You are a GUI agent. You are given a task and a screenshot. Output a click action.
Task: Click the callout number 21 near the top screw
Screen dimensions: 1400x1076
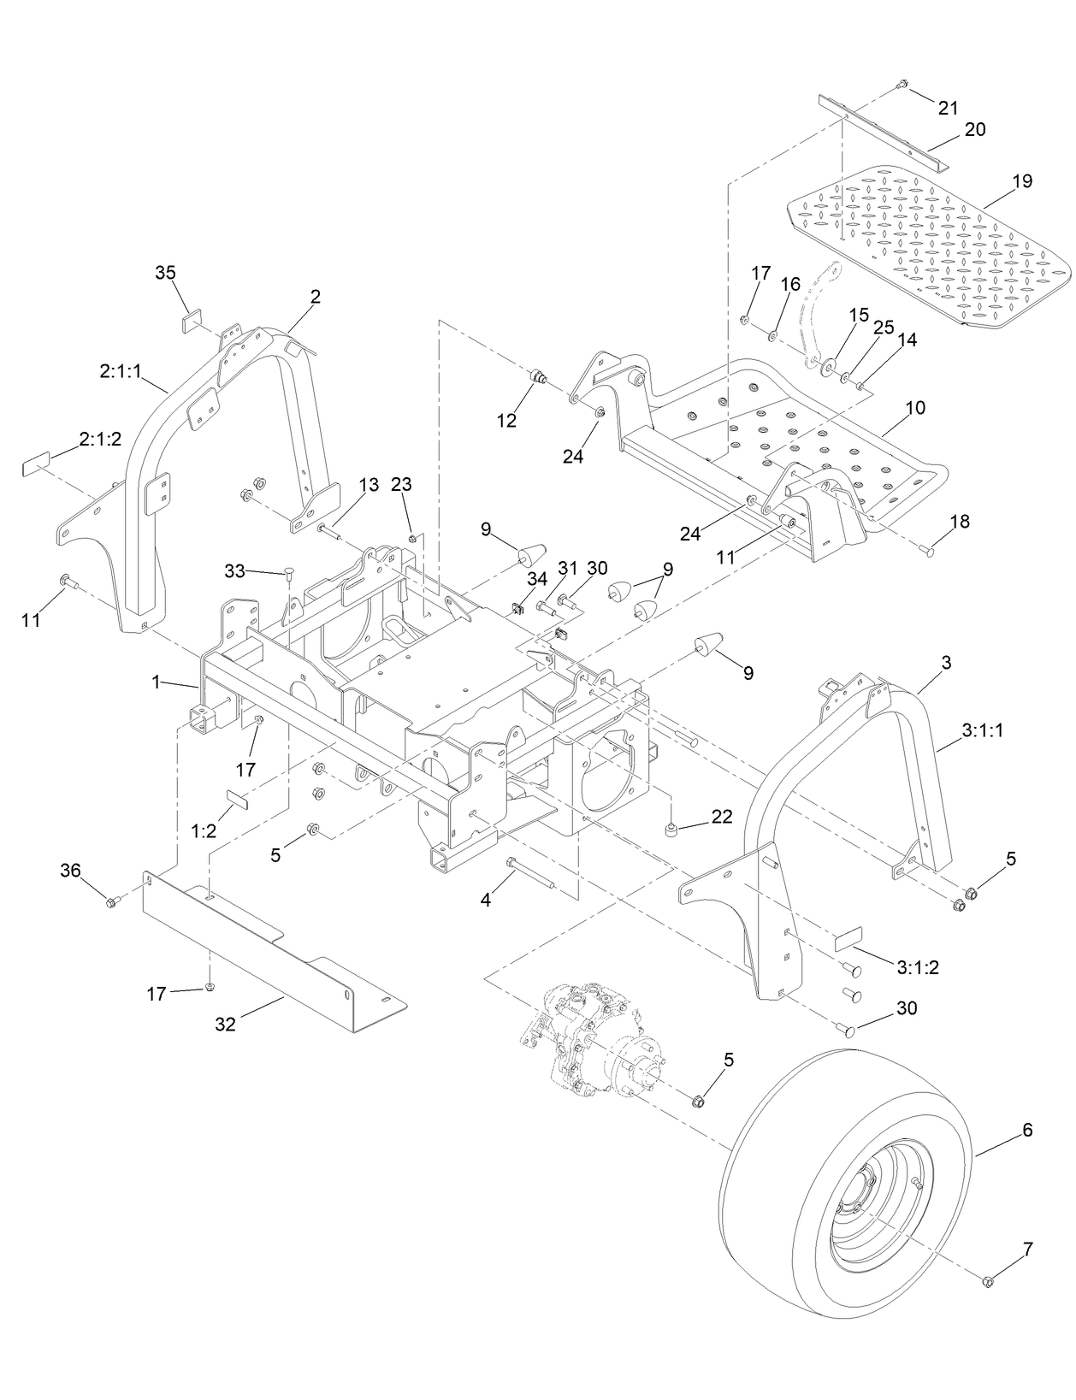click(x=948, y=109)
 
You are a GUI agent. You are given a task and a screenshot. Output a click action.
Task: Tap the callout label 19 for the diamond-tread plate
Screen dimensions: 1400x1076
click(x=1021, y=181)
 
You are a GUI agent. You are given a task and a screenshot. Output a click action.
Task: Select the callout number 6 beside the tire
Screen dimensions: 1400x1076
click(x=1027, y=1131)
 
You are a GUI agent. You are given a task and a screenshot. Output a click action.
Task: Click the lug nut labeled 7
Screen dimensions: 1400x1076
click(x=986, y=1280)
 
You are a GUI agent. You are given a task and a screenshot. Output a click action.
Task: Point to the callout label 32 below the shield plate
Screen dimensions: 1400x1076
click(x=225, y=1024)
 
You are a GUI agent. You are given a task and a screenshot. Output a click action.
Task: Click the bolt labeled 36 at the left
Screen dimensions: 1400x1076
click(x=111, y=902)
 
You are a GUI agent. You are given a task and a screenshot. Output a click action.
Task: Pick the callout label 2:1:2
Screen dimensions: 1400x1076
click(x=101, y=439)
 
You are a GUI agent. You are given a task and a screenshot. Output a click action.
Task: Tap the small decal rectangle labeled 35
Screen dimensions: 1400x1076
click(x=191, y=321)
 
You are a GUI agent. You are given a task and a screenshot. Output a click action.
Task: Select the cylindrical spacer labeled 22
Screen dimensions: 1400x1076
click(x=673, y=829)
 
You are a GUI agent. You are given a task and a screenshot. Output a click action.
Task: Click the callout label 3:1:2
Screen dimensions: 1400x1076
click(x=919, y=967)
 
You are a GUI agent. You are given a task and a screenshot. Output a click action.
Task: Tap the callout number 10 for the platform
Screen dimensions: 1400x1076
click(x=914, y=408)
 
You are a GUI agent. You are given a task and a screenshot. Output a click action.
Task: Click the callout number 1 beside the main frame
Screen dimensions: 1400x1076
click(x=156, y=682)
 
